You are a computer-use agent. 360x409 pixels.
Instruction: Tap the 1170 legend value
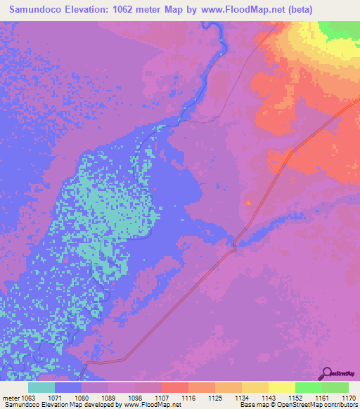(x=349, y=398)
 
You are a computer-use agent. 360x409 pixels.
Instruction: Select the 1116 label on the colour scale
(x=188, y=398)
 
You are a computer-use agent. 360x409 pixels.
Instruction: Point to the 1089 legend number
(x=108, y=398)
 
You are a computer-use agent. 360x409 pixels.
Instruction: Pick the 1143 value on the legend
(x=269, y=398)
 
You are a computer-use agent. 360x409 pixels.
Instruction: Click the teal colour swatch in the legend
(x=41, y=387)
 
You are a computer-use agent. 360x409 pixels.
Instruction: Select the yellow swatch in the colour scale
(x=281, y=387)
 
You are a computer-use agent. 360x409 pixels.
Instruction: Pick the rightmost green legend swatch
(x=335, y=387)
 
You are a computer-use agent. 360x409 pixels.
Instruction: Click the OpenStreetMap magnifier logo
(x=326, y=373)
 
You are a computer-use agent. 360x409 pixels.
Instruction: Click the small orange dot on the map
(x=247, y=202)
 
